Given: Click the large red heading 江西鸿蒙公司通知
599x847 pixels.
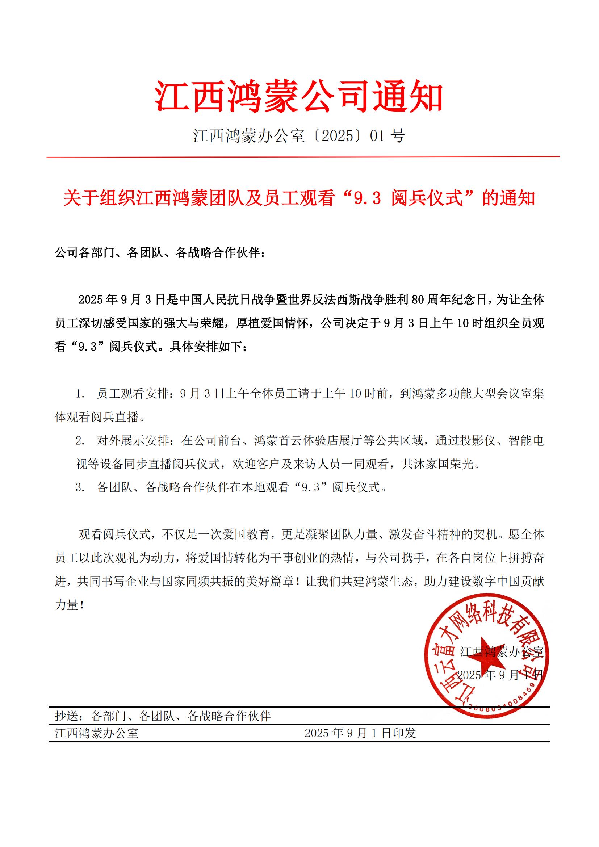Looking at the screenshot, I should tap(299, 97).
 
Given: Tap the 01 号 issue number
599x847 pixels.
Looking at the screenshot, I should tap(387, 136).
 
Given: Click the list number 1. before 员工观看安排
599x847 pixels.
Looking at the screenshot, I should tap(80, 394).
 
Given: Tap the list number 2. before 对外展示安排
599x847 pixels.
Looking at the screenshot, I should tap(80, 441).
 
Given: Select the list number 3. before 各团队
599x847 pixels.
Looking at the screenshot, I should tap(80, 488).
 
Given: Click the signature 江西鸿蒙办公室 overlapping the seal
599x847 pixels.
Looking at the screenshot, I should tap(502, 652).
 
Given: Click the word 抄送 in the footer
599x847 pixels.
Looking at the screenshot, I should tap(67, 716).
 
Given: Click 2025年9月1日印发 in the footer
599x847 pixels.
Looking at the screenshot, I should tap(360, 733).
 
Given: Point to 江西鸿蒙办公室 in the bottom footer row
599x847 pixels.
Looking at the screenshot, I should tap(97, 733).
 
